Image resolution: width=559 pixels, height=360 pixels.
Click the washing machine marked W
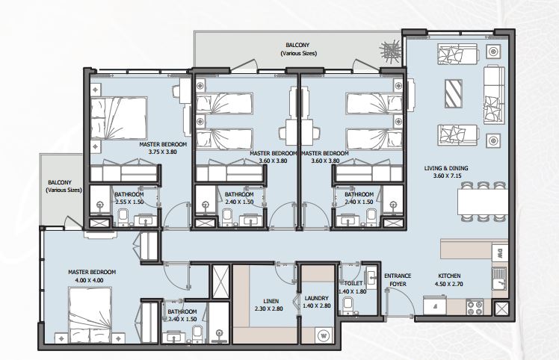tap(324, 335)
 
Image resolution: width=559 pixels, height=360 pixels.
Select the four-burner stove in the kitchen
tap(475, 307)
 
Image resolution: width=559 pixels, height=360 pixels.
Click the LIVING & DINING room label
tap(446, 168)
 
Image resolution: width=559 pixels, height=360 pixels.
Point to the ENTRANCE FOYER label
tap(398, 280)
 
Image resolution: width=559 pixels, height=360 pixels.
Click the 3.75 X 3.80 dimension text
tap(163, 152)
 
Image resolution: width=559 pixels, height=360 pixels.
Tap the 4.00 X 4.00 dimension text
tap(89, 280)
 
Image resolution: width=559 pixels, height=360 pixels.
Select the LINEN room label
tap(271, 301)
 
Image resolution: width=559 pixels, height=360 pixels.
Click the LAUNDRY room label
tap(317, 298)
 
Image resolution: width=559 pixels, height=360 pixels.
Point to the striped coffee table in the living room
tap(454, 94)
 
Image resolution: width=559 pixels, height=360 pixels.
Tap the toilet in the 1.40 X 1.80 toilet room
tap(348, 306)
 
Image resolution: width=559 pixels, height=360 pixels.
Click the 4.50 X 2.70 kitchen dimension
tap(449, 284)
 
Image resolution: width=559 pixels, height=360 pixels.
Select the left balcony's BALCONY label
tap(60, 182)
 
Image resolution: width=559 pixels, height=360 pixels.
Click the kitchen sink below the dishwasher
tap(500, 279)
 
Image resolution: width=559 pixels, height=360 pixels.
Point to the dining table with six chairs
tap(483, 202)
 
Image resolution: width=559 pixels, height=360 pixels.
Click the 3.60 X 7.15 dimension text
tap(448, 176)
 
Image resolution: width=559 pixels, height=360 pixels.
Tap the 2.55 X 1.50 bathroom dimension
tap(129, 202)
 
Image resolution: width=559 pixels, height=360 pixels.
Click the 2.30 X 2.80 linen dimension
tap(269, 308)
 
